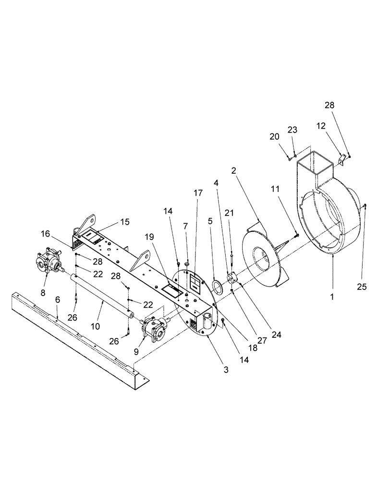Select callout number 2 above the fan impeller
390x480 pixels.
pyautogui.click(x=233, y=171)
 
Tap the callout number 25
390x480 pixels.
pyautogui.click(x=362, y=287)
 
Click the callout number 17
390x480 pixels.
pyautogui.click(x=198, y=193)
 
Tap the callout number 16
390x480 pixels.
pyautogui.click(x=46, y=234)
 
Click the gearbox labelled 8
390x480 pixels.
pyautogui.click(x=47, y=259)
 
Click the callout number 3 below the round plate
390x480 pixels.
pyautogui.click(x=212, y=370)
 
